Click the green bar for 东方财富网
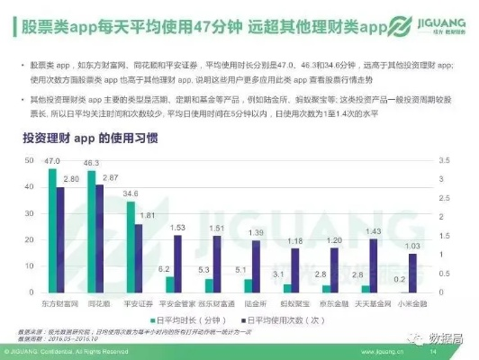click(x=52, y=231)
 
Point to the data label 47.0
click(x=52, y=161)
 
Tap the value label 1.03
click(x=411, y=246)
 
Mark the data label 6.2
click(x=165, y=269)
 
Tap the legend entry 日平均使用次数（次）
click(x=278, y=320)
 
